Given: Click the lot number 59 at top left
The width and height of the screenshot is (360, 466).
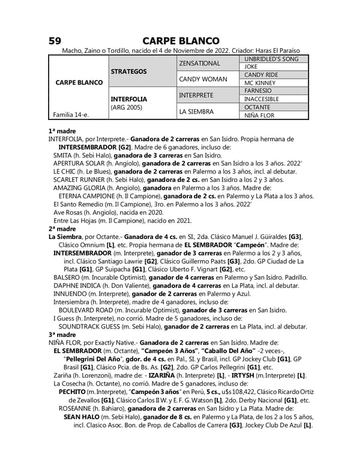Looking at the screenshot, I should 55,41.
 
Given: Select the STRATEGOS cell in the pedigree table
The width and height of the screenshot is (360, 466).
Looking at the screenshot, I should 128,71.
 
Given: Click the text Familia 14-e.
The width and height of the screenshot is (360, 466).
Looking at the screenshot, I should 68,115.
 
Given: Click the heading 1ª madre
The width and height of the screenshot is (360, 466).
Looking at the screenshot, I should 62,130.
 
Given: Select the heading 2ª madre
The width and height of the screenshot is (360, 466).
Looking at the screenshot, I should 62,229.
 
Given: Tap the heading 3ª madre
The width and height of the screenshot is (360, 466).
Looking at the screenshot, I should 62,334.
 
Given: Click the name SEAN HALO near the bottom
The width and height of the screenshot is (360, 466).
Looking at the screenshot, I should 81,417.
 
